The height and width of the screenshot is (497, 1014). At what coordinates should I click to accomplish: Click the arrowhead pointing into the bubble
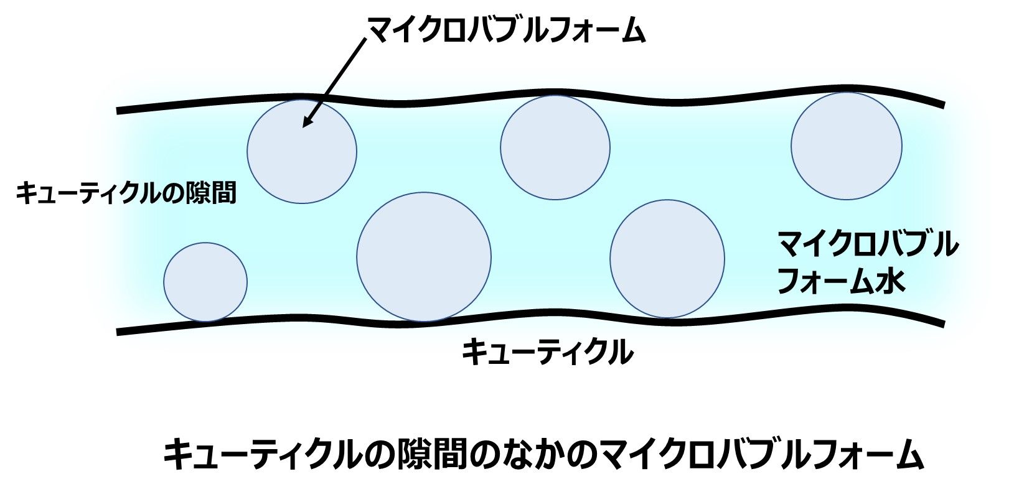[307, 123]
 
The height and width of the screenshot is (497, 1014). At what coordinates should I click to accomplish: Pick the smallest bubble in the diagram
[205, 282]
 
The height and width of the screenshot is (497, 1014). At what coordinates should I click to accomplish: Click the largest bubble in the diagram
[423, 256]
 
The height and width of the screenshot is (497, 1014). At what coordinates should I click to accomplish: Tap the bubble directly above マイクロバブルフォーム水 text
[846, 146]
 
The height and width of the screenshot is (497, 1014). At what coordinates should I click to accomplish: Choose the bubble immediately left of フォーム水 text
[667, 258]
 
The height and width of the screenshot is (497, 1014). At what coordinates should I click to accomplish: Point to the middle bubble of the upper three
[555, 147]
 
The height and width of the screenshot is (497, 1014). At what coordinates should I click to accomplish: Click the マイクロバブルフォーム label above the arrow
[505, 29]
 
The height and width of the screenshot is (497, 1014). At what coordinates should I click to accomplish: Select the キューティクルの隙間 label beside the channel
[127, 193]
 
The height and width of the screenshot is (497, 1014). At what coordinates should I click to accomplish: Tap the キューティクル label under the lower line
[547, 352]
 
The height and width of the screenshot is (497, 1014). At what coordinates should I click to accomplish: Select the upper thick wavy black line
[529, 100]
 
